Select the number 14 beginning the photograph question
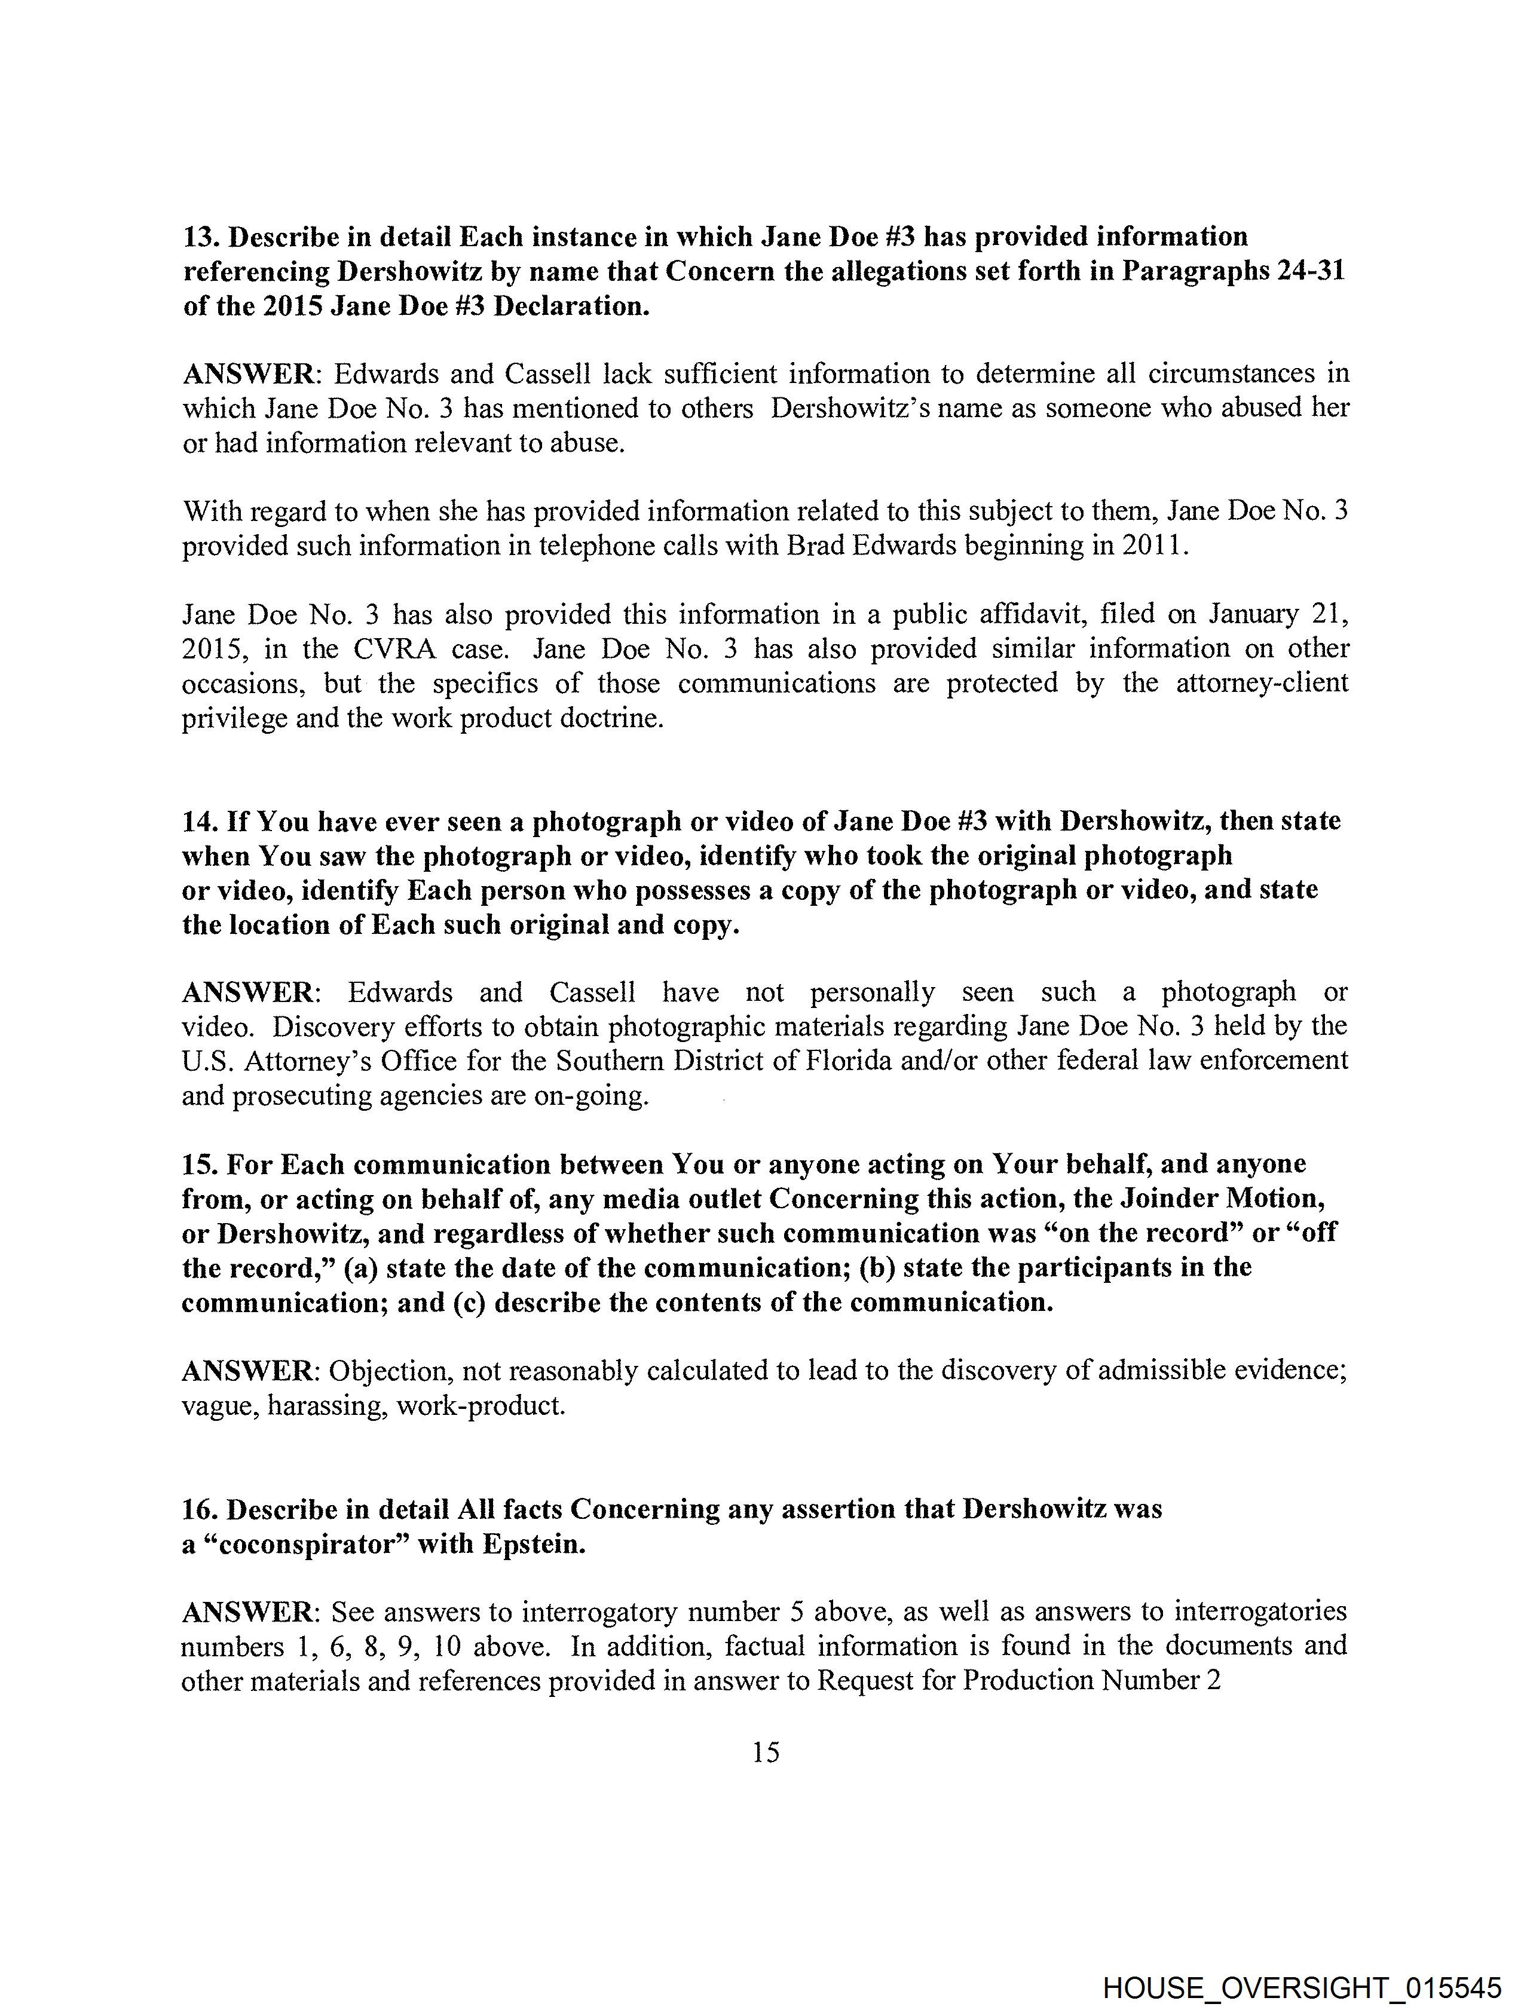198,822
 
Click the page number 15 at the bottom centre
766,1752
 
